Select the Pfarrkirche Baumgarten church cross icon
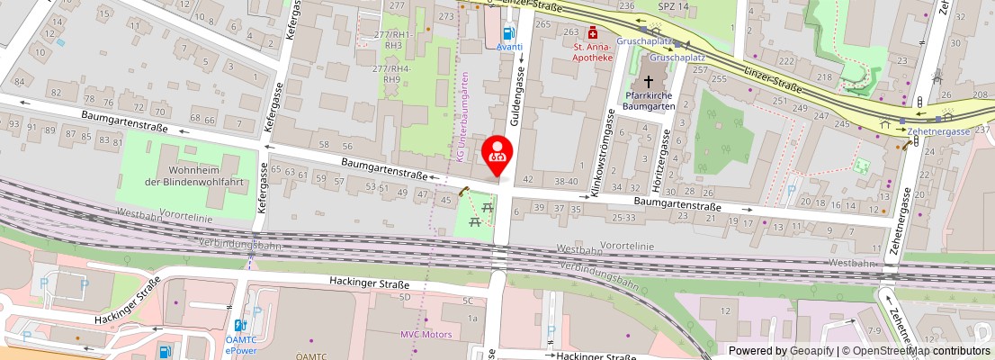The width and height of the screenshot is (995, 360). [648, 80]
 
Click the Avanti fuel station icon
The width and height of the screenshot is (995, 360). [509, 31]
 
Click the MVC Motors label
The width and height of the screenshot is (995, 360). [426, 334]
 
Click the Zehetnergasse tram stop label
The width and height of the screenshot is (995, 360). [938, 131]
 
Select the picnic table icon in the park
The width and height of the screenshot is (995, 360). [487, 212]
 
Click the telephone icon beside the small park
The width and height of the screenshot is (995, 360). [464, 191]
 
